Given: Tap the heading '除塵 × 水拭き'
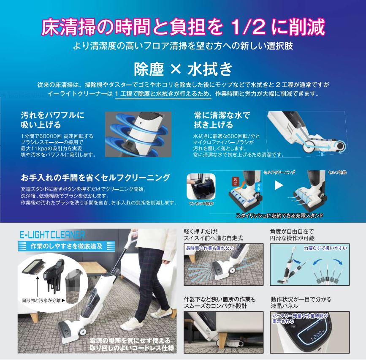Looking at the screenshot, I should pyautogui.click(x=183, y=68).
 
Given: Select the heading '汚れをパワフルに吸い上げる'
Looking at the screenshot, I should pyautogui.click(x=52, y=120).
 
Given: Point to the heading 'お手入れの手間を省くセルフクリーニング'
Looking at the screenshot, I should pyautogui.click(x=95, y=177).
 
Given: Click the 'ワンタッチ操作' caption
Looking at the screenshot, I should pyautogui.click(x=201, y=204).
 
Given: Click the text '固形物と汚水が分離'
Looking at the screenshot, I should pyautogui.click(x=41, y=300).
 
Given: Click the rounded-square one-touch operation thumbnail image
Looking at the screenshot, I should pyautogui.click(x=201, y=186).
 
